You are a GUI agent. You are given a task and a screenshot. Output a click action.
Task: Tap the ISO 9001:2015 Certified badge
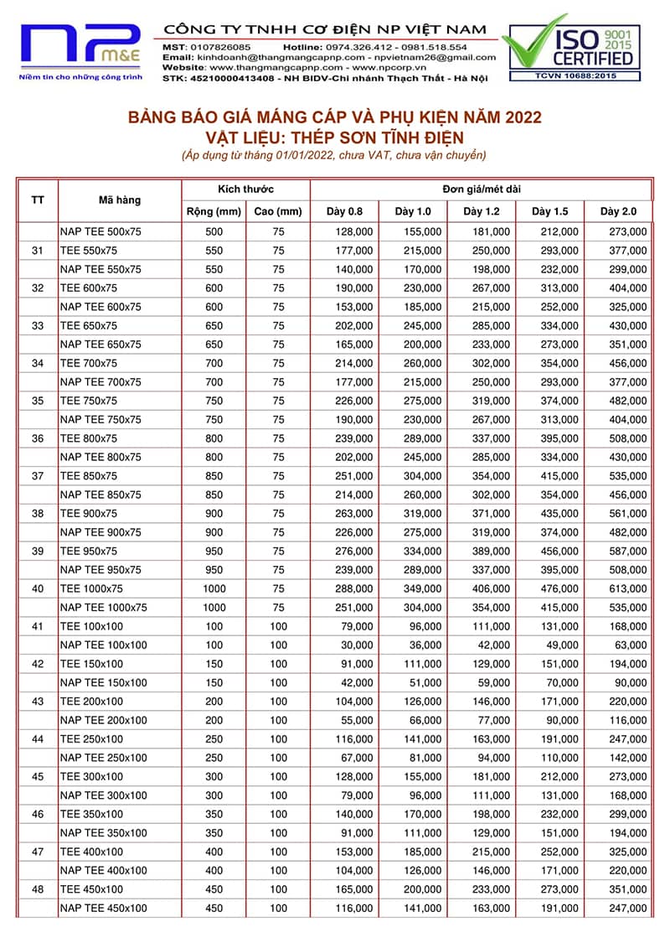click(x=569, y=49)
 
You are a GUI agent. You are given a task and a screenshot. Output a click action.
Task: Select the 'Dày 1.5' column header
click(x=549, y=211)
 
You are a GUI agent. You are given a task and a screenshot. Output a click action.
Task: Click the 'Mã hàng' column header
click(x=120, y=200)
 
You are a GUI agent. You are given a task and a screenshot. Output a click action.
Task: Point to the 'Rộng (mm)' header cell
click(x=214, y=211)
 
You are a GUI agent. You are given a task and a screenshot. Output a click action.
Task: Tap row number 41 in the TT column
click(x=37, y=626)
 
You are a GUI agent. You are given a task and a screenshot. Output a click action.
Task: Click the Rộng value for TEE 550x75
click(x=214, y=251)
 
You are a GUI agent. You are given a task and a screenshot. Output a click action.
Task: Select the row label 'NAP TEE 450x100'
click(x=103, y=909)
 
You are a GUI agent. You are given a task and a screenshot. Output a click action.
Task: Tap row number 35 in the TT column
click(x=37, y=401)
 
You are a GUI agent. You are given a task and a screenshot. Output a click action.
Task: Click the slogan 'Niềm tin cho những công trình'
click(x=80, y=77)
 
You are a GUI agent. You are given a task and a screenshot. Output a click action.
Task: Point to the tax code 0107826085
click(x=220, y=47)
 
